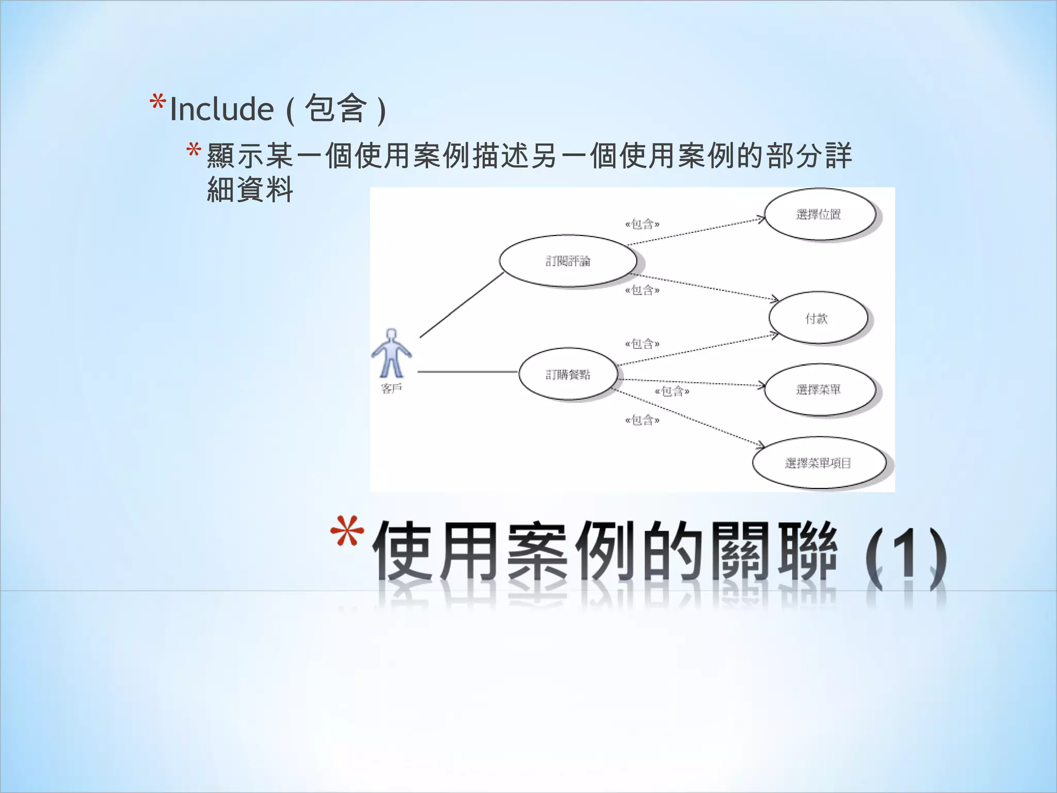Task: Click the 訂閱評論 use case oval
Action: point(568,261)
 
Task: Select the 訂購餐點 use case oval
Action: point(568,374)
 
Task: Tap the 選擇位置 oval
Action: point(820,214)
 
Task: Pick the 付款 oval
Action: point(818,318)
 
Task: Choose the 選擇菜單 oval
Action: point(820,389)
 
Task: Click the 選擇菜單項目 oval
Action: point(819,463)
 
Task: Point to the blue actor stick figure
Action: point(391,354)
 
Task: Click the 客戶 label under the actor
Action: point(391,389)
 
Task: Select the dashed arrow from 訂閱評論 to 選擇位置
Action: point(697,231)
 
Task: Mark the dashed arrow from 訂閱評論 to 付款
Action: point(707,287)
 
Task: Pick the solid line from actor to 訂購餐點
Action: point(467,372)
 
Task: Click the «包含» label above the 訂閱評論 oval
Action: point(642,224)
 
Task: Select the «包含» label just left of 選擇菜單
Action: point(672,391)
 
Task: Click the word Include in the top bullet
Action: point(222,109)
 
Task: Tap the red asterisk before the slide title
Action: point(347,531)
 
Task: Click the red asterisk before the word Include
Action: point(157,102)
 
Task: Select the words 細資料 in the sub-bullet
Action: point(250,190)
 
